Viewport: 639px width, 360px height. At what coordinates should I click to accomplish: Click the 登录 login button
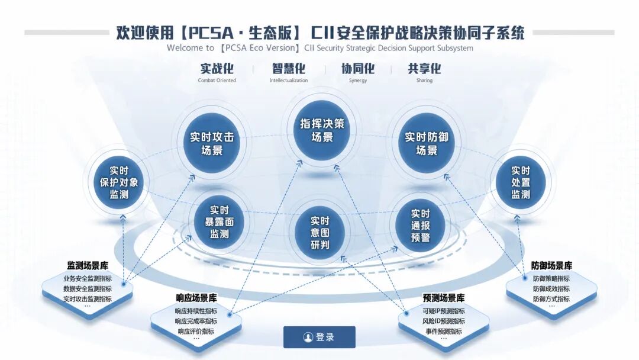319,337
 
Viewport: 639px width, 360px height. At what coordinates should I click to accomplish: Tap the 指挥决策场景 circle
322,130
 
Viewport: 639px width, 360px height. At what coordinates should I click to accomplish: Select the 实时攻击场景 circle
212,143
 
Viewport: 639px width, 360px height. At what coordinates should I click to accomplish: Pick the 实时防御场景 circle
426,143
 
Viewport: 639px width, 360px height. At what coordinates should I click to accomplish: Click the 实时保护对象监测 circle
119,182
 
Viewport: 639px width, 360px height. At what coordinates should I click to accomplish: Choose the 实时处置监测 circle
521,182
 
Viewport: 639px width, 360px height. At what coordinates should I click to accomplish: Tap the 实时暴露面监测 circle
220,222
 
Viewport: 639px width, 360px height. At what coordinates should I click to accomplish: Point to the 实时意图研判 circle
320,233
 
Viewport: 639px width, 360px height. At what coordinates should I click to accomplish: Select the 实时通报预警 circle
420,226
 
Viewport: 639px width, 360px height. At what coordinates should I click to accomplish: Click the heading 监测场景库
88,266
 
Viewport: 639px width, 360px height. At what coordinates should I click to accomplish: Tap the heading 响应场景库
196,298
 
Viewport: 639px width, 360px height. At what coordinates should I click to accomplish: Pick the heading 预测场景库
444,298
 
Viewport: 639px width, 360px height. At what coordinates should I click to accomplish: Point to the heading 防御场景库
551,266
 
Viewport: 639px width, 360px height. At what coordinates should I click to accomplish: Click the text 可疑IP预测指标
444,311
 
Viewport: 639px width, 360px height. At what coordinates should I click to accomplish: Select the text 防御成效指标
551,289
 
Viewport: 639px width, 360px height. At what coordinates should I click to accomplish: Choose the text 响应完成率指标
196,322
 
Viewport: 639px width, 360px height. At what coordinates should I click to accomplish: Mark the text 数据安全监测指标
88,289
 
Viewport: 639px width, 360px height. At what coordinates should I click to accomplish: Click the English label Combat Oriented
217,81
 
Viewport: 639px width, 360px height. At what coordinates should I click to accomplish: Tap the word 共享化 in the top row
424,69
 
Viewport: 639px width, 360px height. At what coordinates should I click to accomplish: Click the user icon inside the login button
308,337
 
